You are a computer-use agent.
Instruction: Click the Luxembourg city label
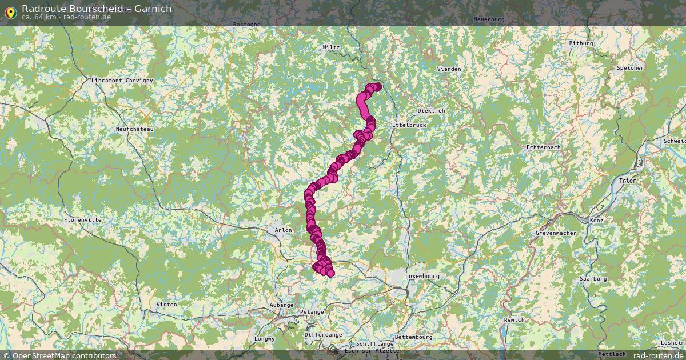click(422, 276)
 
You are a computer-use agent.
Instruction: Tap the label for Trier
click(627, 181)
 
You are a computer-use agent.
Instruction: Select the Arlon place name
click(283, 230)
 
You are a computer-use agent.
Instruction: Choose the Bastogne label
click(247, 25)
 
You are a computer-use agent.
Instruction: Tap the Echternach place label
click(543, 147)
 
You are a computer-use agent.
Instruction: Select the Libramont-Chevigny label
click(122, 81)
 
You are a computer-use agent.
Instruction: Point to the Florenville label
click(83, 219)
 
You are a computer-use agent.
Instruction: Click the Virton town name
click(166, 305)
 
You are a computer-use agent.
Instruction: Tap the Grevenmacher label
click(556, 233)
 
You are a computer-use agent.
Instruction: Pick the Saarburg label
click(593, 279)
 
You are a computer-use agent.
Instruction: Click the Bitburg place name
click(581, 43)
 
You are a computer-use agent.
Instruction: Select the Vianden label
click(449, 69)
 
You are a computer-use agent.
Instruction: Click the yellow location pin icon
click(10, 12)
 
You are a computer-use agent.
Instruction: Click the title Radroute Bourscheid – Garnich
click(96, 9)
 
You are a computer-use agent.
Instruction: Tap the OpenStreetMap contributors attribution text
click(64, 355)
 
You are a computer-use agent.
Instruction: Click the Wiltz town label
click(331, 47)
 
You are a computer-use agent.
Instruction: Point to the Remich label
click(514, 320)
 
